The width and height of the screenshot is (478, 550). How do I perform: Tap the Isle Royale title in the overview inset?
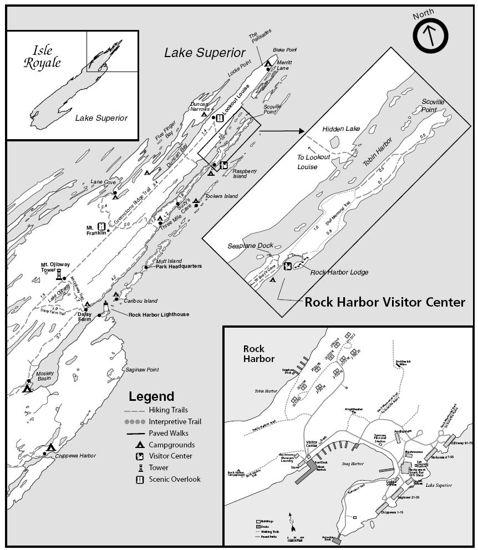[42, 56]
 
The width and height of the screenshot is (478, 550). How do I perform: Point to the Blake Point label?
[282, 50]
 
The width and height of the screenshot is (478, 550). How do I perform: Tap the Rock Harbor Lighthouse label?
[159, 315]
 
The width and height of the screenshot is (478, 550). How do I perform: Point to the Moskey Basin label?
[45, 376]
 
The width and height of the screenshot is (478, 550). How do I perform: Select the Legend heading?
[151, 396]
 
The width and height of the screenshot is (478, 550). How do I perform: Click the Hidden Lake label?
[341, 129]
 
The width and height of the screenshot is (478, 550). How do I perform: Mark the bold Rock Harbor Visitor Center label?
[385, 302]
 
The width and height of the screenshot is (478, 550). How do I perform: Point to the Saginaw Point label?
[143, 370]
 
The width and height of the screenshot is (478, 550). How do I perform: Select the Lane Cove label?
[103, 181]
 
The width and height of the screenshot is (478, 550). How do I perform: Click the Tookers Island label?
[221, 196]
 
